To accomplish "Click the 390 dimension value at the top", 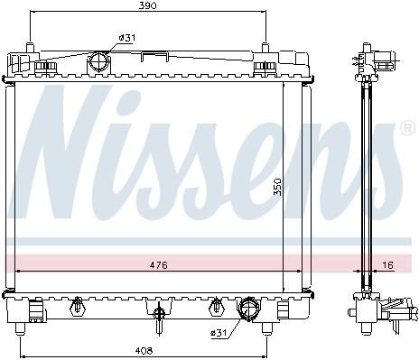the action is click(x=147, y=5).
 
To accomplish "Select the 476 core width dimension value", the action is click(x=159, y=265).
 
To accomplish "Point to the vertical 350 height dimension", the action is click(x=277, y=187).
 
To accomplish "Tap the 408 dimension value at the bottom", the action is click(x=144, y=350).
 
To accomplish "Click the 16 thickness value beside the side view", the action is click(x=388, y=265).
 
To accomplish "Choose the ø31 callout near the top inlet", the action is click(x=127, y=38).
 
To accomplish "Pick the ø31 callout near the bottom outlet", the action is click(x=219, y=333).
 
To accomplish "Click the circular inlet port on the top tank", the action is click(x=99, y=61).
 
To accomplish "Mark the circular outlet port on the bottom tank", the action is click(x=249, y=309).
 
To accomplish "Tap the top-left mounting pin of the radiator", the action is click(x=30, y=48).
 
